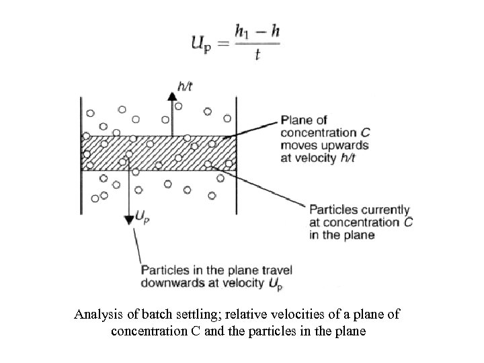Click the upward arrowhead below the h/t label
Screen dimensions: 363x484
172,97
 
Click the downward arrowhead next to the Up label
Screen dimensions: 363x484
127,220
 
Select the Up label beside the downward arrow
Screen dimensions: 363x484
142,216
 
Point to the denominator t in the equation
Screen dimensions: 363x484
257,56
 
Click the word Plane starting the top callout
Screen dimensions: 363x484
296,120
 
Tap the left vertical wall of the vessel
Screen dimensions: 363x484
81,155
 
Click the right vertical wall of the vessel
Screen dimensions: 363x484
236,155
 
